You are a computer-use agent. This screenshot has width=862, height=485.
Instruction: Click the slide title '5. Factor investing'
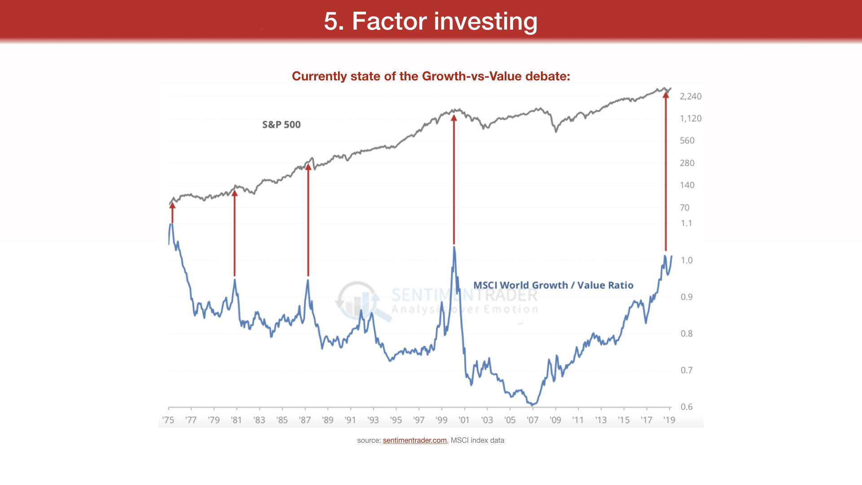(x=431, y=21)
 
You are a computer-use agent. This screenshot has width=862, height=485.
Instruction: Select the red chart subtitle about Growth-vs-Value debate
(x=431, y=76)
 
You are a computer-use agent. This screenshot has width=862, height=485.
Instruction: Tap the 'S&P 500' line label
(x=281, y=124)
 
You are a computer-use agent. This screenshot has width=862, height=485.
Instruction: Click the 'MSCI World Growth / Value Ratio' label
(x=553, y=285)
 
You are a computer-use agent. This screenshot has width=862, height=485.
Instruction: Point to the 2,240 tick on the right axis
(x=690, y=96)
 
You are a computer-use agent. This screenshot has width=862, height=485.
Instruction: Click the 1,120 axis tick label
(x=690, y=118)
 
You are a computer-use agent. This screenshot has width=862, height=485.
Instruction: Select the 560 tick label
(x=687, y=141)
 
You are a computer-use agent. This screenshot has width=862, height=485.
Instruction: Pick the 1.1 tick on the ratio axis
(x=686, y=223)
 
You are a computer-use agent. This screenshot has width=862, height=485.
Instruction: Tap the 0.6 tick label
(x=686, y=407)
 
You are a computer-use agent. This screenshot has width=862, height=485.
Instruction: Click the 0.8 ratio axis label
(x=686, y=334)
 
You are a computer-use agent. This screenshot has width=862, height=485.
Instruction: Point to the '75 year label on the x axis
(x=168, y=420)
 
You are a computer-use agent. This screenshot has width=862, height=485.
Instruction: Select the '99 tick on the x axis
(x=441, y=420)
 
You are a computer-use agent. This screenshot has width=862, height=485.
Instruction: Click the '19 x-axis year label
(x=669, y=420)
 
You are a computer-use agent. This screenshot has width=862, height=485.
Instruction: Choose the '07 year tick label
(x=532, y=420)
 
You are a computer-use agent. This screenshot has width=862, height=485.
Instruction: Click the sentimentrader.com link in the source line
(x=414, y=440)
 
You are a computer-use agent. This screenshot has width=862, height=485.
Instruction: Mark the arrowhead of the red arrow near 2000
(x=454, y=118)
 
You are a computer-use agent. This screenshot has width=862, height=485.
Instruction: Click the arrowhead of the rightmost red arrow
(x=666, y=95)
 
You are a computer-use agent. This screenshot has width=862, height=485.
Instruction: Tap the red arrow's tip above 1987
(x=308, y=167)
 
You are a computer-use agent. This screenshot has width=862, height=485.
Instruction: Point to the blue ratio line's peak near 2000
(x=454, y=247)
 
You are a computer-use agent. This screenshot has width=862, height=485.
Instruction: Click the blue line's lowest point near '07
(x=532, y=405)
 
